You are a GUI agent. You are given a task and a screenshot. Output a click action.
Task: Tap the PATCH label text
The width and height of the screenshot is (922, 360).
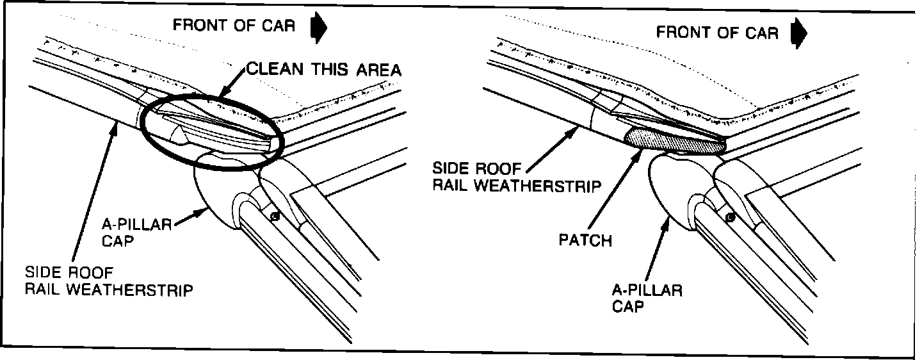tap(585, 241)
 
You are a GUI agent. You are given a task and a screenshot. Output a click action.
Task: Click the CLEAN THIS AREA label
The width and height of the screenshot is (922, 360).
tap(325, 70)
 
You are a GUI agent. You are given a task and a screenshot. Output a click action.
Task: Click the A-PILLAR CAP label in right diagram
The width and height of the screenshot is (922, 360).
tap(647, 298)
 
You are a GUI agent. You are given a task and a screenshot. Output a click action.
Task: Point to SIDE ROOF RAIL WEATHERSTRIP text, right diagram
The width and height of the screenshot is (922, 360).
tap(517, 177)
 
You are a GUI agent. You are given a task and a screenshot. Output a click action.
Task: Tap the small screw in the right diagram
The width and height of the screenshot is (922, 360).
tap(729, 217)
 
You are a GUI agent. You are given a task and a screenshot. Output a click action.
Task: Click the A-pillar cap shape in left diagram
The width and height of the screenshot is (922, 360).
tap(218, 192)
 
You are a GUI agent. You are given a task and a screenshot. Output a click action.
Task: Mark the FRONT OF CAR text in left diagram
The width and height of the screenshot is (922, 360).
tap(234, 26)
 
